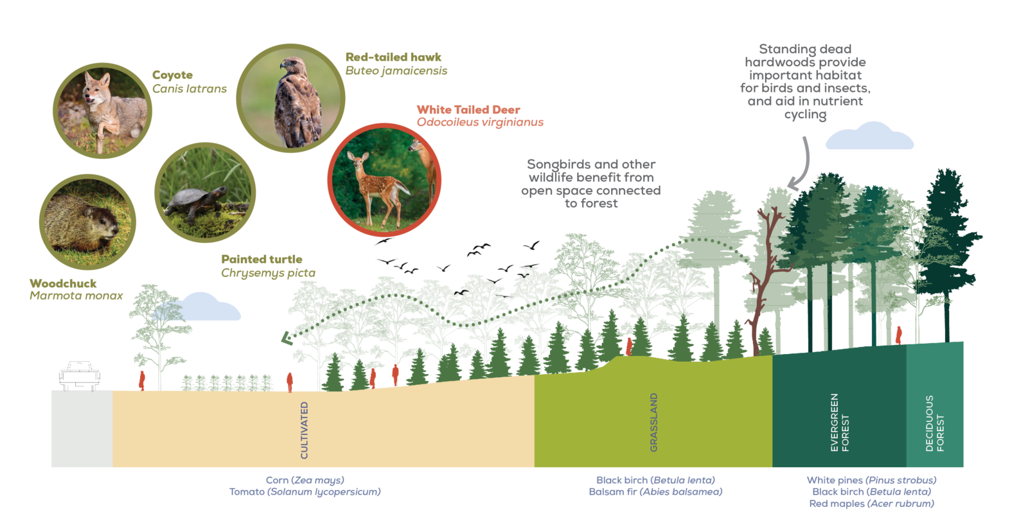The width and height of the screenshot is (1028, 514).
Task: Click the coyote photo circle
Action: coord(102,111)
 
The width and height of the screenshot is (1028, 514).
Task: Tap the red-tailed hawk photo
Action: coord(290,98)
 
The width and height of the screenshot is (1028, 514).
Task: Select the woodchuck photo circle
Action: coord(87,222)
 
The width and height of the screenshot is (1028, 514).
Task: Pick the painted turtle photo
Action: coord(205,192)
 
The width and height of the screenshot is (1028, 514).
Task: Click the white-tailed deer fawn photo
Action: coord(384,180)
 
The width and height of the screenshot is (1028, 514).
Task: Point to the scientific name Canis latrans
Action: coord(190,89)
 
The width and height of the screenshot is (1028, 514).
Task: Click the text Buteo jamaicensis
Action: coord(396,71)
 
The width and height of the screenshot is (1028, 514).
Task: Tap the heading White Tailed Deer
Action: coord(468,110)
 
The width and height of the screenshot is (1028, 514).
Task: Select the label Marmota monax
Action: coord(76,296)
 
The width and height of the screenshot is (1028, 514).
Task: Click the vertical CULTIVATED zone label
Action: coord(305,430)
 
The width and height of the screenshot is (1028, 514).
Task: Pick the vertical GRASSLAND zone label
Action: coord(654,422)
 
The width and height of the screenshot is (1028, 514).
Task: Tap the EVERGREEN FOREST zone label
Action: coord(840,422)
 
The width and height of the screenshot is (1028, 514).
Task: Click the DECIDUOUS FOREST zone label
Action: coord(935,423)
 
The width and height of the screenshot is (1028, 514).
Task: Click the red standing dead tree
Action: coord(764,281)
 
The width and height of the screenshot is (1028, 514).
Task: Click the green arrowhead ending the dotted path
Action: coord(287,338)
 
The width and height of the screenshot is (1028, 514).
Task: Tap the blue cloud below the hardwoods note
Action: coord(870,136)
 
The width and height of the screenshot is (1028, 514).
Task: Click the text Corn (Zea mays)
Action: coord(305,480)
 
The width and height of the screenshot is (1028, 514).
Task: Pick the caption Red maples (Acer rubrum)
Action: coord(871,504)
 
